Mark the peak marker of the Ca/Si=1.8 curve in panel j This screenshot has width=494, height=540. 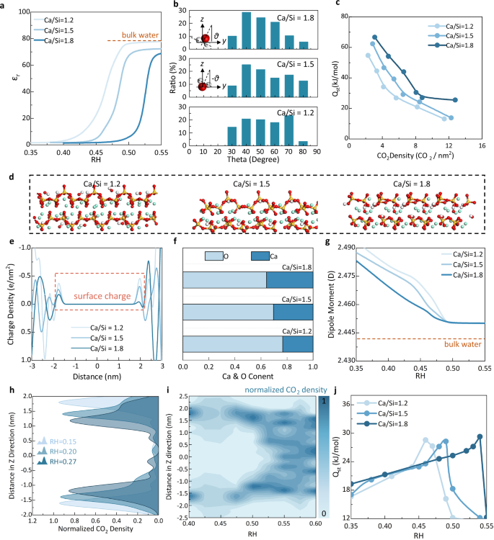tap(480, 437)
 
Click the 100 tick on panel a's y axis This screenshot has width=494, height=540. tap(22, 12)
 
